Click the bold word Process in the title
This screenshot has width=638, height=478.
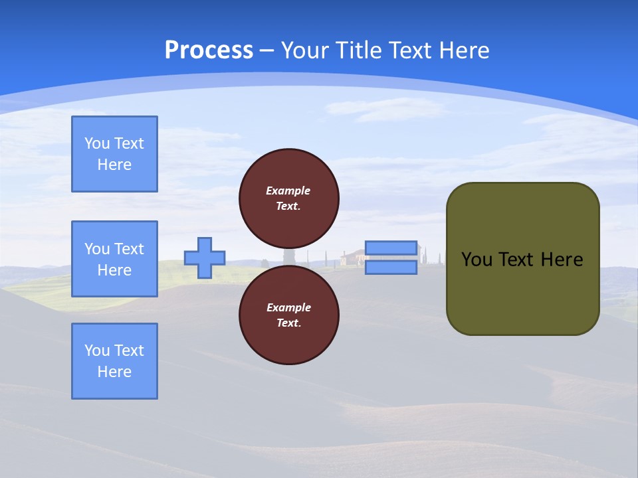(209, 50)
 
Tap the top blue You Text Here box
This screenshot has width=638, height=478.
(114, 154)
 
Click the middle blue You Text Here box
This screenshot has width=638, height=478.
(114, 259)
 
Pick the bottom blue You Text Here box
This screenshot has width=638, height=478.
(114, 361)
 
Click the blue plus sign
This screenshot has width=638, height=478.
(205, 258)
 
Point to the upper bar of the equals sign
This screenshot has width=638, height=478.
(391, 248)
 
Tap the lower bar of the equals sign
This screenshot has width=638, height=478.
(391, 268)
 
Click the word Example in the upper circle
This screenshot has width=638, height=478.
(288, 191)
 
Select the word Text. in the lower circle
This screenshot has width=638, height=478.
(288, 323)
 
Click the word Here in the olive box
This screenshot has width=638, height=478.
(562, 260)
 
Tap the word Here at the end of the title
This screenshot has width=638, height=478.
(463, 50)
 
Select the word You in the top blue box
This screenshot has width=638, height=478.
(96, 143)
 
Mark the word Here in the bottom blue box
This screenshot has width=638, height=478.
(114, 372)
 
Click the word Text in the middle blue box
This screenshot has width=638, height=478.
(128, 249)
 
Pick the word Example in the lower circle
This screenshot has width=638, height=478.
(288, 307)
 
